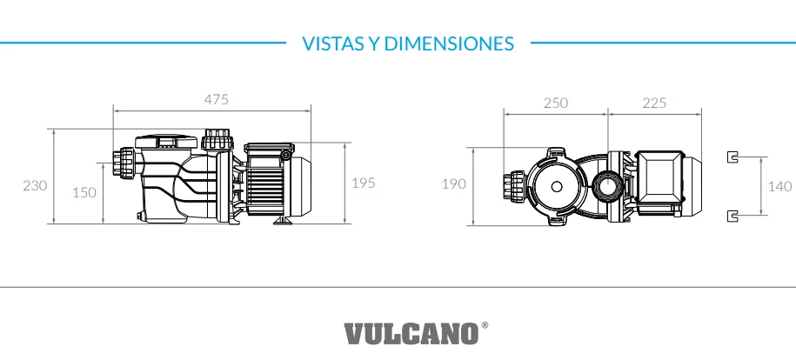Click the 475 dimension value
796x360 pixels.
(216, 99)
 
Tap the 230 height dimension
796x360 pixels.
(35, 185)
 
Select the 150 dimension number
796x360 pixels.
(84, 192)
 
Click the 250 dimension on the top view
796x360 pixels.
(555, 103)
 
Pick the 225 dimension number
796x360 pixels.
(654, 103)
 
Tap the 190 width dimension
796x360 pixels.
(454, 183)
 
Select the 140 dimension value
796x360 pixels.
(780, 186)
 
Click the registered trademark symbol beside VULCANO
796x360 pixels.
(485, 325)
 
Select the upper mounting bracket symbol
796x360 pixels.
(732, 157)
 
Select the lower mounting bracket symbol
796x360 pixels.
(732, 215)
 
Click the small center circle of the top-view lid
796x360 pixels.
(556, 186)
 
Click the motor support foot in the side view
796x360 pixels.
(283, 221)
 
